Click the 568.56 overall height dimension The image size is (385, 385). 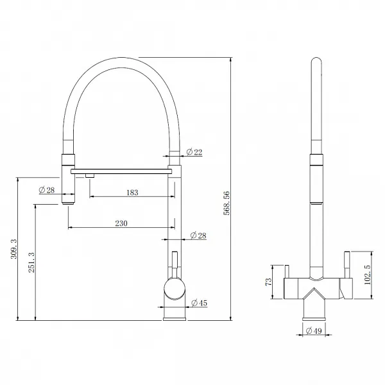click(x=227, y=203)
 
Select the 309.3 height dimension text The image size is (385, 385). click(x=13, y=248)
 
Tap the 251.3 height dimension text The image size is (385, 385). click(x=31, y=262)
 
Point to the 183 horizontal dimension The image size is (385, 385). click(x=132, y=193)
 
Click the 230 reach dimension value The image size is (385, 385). click(x=121, y=223)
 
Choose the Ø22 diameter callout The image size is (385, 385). click(x=194, y=152)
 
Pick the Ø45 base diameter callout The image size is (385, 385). click(x=199, y=303)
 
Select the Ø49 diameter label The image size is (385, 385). click(x=314, y=330)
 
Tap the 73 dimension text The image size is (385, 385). click(x=269, y=282)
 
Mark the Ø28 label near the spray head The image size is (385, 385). click(x=47, y=190)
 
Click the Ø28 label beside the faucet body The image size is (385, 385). click(x=198, y=235)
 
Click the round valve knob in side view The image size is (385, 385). click(x=175, y=289)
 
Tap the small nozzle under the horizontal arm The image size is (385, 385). click(x=90, y=175)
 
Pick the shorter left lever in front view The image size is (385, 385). click(x=287, y=271)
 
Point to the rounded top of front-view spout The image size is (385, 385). click(x=316, y=62)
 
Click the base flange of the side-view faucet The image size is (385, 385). click(x=175, y=319)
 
